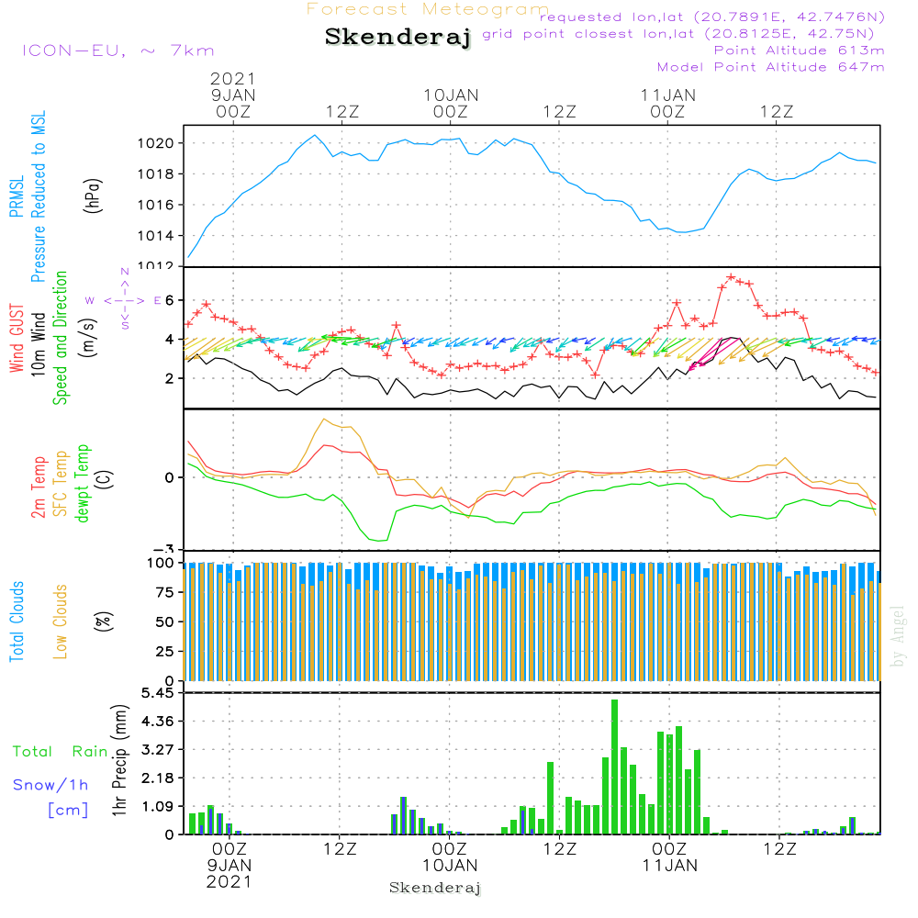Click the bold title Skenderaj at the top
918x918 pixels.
click(x=397, y=38)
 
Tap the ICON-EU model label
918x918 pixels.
click(x=118, y=50)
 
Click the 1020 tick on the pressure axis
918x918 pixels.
click(x=156, y=143)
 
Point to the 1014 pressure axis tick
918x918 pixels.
click(x=156, y=236)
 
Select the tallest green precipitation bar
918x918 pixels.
click(x=614, y=767)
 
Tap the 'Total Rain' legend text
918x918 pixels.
click(x=60, y=752)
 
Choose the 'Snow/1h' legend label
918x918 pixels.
click(x=51, y=785)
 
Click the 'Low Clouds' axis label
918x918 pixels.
click(x=62, y=621)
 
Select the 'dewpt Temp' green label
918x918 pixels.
click(x=83, y=483)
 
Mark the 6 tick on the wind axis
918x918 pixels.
click(x=169, y=300)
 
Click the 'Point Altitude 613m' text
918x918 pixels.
click(x=799, y=50)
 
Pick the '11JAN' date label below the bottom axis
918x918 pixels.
click(x=669, y=866)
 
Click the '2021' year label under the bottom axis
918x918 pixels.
click(x=228, y=881)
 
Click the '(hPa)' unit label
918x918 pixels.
click(x=92, y=194)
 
